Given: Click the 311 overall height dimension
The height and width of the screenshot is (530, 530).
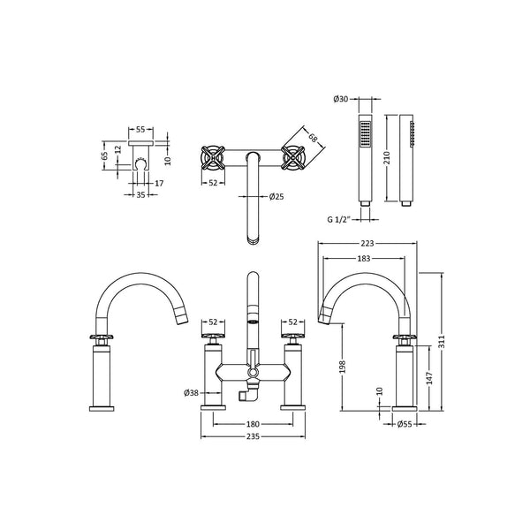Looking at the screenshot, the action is pyautogui.click(x=443, y=341).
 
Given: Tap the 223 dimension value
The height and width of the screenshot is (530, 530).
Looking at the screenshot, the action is pyautogui.click(x=367, y=244).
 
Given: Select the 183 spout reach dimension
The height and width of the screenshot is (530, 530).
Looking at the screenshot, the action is pyautogui.click(x=364, y=259).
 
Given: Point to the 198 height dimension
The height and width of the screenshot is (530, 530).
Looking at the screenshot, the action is pyautogui.click(x=342, y=367).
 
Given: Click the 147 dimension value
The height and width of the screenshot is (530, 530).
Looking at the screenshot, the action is pyautogui.click(x=429, y=378).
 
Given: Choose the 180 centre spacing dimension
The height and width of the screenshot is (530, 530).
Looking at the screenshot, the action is pyautogui.click(x=253, y=424).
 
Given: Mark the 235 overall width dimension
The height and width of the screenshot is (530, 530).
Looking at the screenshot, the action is pyautogui.click(x=253, y=436).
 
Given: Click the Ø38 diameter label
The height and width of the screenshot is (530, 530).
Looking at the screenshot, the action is pyautogui.click(x=191, y=393).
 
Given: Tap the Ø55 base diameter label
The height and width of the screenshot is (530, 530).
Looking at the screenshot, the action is pyautogui.click(x=405, y=424).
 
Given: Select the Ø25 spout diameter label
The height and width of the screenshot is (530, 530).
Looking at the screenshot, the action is pyautogui.click(x=276, y=196).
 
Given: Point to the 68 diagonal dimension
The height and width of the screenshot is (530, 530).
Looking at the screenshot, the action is pyautogui.click(x=313, y=138).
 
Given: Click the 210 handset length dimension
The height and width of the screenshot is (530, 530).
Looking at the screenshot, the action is pyautogui.click(x=388, y=158).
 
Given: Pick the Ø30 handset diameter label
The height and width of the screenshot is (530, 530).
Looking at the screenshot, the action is pyautogui.click(x=341, y=99).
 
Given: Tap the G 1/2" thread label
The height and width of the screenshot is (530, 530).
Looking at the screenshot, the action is pyautogui.click(x=338, y=219).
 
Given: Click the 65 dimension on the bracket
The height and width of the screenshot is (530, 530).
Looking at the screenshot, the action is pyautogui.click(x=105, y=155).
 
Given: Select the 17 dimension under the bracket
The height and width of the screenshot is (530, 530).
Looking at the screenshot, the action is pyautogui.click(x=159, y=183).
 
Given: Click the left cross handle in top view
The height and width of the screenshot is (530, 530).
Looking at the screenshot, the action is pyautogui.click(x=213, y=157).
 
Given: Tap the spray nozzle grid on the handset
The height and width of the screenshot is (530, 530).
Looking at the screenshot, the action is pyautogui.click(x=365, y=134).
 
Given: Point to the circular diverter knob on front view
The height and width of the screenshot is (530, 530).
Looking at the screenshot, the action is pyautogui.click(x=253, y=373).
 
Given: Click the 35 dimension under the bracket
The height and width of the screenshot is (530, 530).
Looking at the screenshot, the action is pyautogui.click(x=140, y=194).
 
